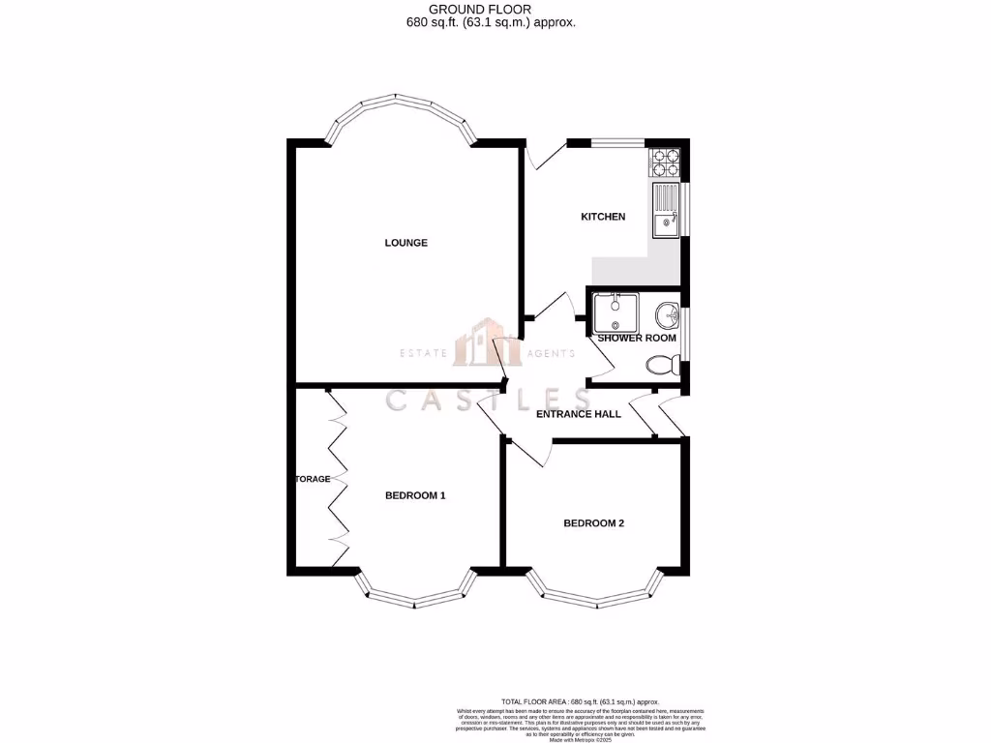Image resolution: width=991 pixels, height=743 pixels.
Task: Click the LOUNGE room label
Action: click(405, 243)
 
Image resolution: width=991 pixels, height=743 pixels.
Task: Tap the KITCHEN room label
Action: click(603, 217)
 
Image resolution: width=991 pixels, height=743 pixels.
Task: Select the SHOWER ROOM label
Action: click(637, 338)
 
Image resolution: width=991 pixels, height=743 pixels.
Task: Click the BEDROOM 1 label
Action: click(415, 496)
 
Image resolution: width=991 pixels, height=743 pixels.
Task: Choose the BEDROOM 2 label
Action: click(593, 523)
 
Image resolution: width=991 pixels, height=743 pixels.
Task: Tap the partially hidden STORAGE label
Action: click(314, 479)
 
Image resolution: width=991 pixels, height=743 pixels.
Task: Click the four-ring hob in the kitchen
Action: click(665, 163)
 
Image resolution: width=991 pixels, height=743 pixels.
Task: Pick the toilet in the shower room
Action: click(661, 366)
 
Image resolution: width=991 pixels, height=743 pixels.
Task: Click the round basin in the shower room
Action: click(667, 315)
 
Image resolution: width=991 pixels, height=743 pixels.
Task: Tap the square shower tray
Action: click(614, 312)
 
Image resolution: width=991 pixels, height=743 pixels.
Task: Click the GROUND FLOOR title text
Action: click(493, 9)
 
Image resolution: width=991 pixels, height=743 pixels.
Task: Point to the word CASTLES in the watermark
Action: click(488, 400)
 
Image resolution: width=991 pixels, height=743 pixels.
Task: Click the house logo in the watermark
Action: click(490, 344)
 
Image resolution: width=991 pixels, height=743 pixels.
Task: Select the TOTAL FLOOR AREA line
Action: click(580, 701)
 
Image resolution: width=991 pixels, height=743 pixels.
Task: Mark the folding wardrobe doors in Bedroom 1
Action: click(337, 479)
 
